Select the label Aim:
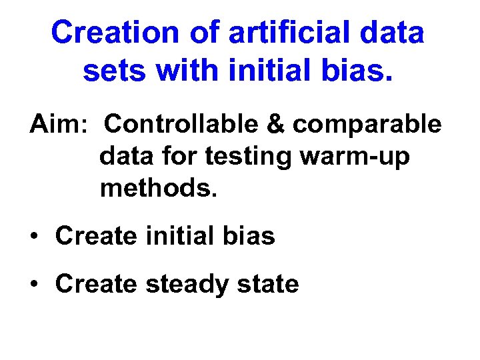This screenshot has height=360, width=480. click(x=55, y=124)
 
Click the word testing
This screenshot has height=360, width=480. click(x=249, y=157)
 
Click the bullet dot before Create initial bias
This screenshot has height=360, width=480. click(x=34, y=237)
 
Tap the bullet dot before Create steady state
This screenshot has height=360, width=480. click(x=34, y=285)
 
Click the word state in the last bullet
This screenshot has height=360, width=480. click(x=268, y=284)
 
